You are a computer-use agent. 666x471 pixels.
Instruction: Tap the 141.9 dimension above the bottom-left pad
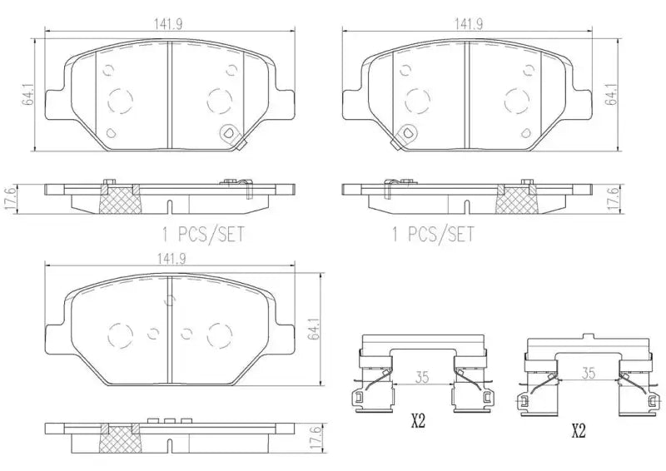[x=169, y=259]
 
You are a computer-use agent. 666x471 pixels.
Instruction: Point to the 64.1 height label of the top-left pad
[x=28, y=99]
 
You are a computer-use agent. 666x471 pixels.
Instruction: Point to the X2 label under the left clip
[x=417, y=423]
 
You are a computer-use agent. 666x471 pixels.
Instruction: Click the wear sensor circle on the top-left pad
[x=229, y=133]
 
